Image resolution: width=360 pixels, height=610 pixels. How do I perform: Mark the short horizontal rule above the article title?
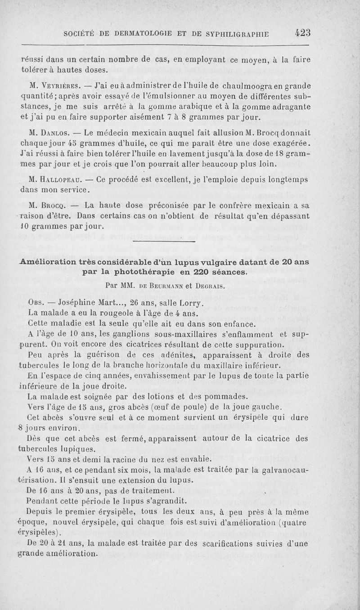tap(165, 243)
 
